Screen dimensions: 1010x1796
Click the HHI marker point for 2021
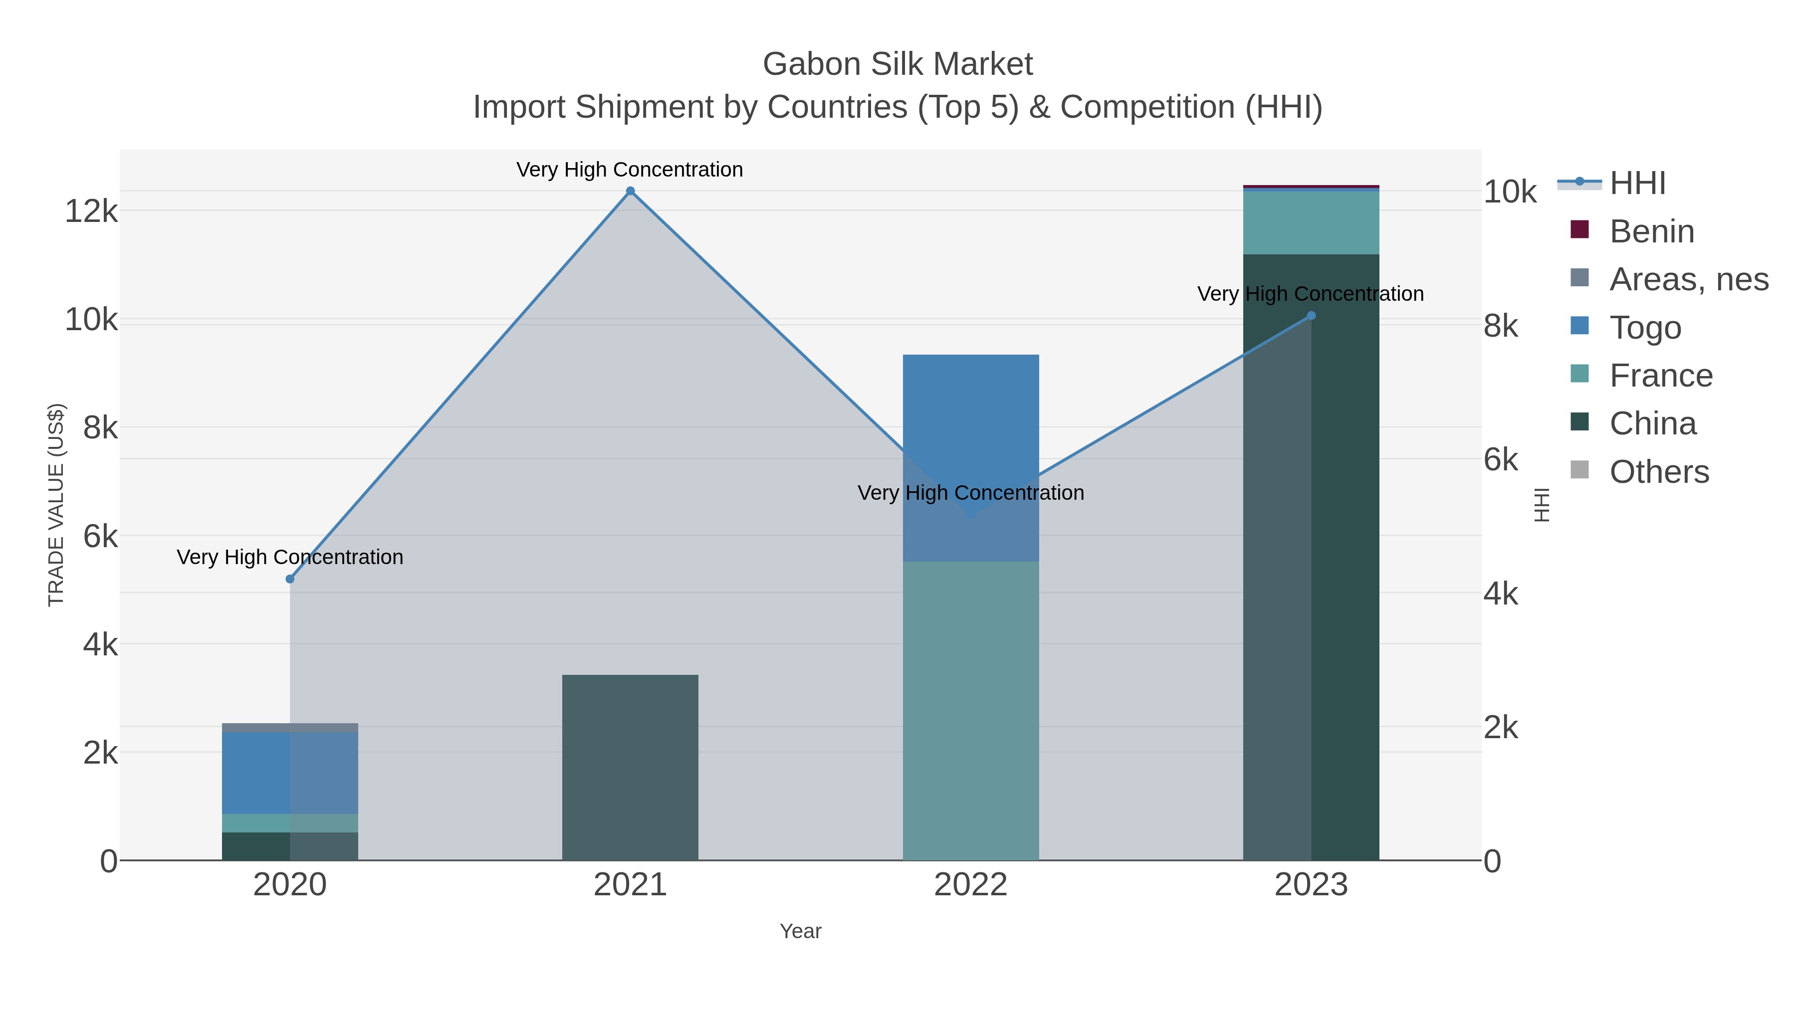pos(630,191)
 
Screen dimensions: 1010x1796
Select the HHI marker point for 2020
pos(290,579)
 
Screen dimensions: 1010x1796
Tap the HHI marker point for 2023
pos(1311,316)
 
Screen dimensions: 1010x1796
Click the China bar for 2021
pos(630,767)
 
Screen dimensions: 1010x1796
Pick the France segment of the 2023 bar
pos(1311,222)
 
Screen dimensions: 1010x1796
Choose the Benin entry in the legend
pos(1651,231)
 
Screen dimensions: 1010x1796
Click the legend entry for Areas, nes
pos(1688,279)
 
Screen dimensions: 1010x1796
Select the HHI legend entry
pos(1636,184)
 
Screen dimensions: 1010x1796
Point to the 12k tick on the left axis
pos(91,210)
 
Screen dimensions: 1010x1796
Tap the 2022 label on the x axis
pos(970,885)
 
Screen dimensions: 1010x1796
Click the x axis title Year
pos(800,931)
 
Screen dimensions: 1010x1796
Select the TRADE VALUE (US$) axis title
pos(56,505)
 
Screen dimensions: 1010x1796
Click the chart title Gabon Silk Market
pos(898,64)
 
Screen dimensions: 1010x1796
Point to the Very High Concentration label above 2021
pos(630,170)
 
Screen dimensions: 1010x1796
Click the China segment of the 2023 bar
pos(1311,558)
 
